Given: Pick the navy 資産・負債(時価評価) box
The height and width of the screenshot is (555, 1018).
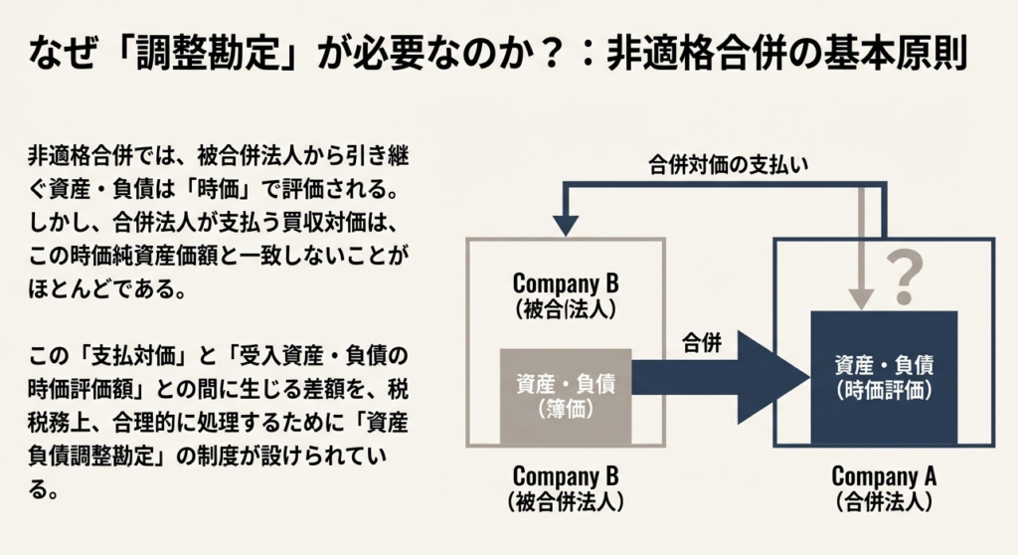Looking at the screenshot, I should coord(884,376).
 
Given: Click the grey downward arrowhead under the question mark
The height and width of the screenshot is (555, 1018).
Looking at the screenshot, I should coord(861,297).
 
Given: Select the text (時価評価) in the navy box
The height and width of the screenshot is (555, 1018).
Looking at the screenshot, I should coord(884,390).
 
